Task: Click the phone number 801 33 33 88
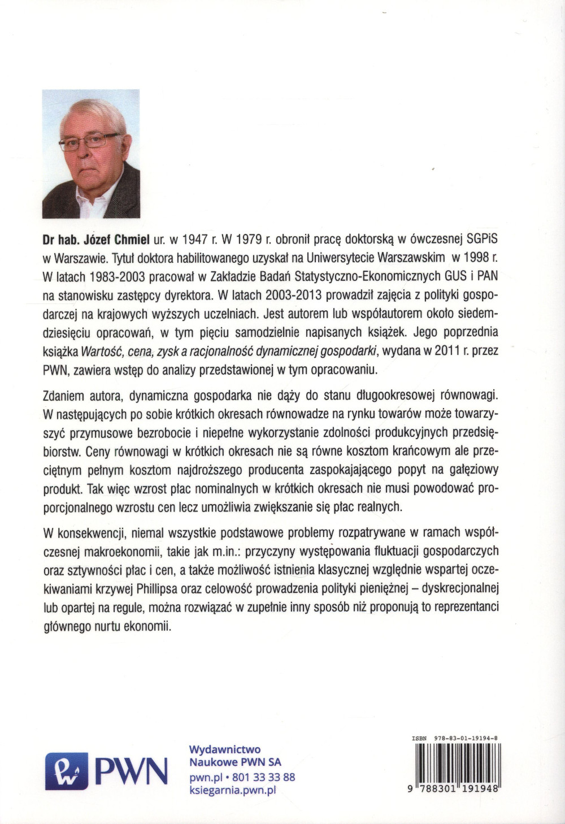[x=264, y=777]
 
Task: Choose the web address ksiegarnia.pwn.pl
[x=232, y=791]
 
